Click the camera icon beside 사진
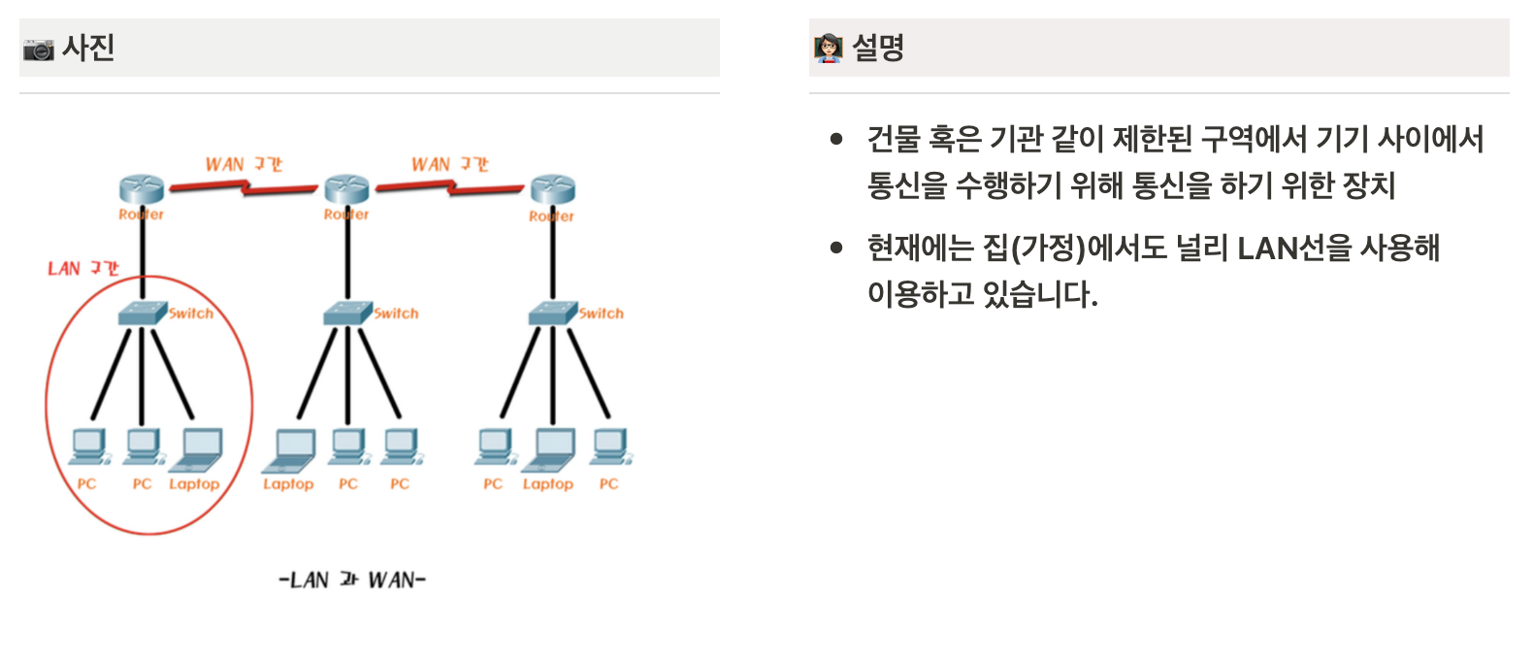click(x=39, y=49)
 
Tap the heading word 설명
click(x=878, y=48)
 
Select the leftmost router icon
click(x=142, y=189)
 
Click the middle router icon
click(x=346, y=189)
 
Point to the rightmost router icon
click(x=552, y=189)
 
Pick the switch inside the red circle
click(x=143, y=313)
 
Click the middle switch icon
click(x=347, y=313)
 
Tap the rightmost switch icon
click(x=552, y=313)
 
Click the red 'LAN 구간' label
click(x=83, y=268)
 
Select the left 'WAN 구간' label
click(x=244, y=164)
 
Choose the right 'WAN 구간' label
click(x=449, y=164)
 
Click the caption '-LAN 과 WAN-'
click(x=352, y=580)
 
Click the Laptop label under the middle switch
click(x=288, y=483)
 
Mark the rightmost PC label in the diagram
click(x=608, y=483)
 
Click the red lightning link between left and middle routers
click(x=244, y=186)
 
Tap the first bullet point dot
click(x=836, y=139)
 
